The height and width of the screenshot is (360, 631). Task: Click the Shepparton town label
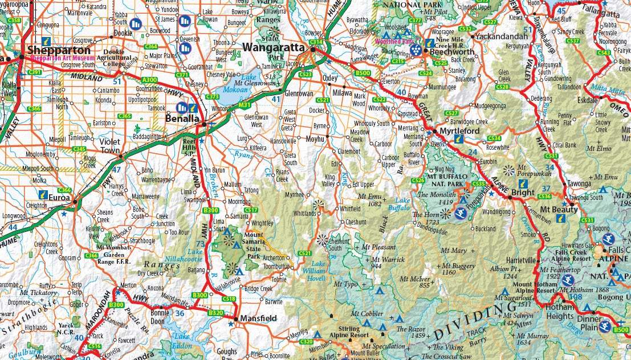tap(55, 50)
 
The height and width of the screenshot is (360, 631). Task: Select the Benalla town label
tap(182, 119)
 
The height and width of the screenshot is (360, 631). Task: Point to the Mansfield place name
tap(258, 318)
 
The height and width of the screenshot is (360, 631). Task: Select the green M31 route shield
tap(245, 105)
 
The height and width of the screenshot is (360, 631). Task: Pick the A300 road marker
tap(150, 80)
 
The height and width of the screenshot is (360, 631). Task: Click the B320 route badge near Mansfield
tap(215, 313)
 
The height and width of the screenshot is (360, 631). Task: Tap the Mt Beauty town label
tap(556, 210)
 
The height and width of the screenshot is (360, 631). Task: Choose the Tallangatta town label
tap(600, 14)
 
